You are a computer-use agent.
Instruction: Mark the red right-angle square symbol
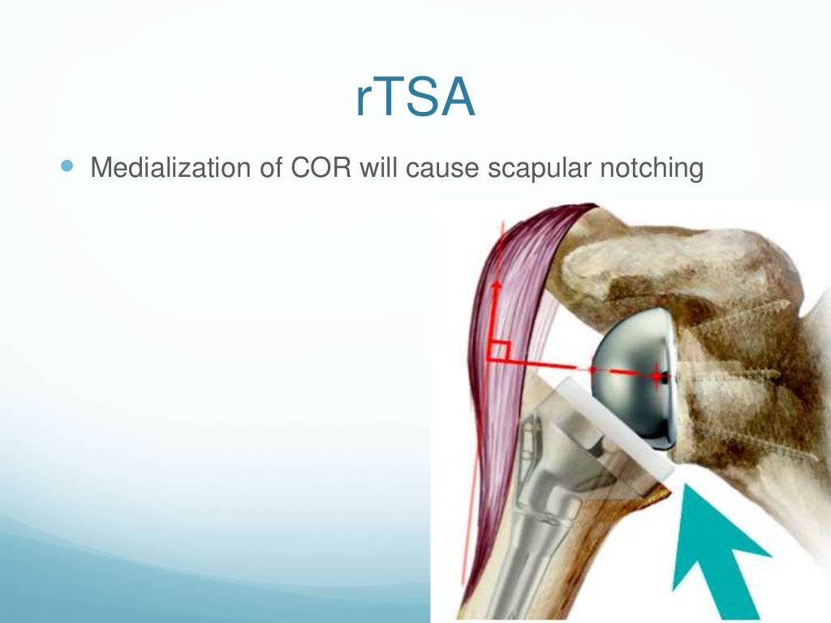pos(498,352)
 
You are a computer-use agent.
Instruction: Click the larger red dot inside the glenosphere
pos(657,376)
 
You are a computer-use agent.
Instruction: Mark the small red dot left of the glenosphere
pos(593,370)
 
